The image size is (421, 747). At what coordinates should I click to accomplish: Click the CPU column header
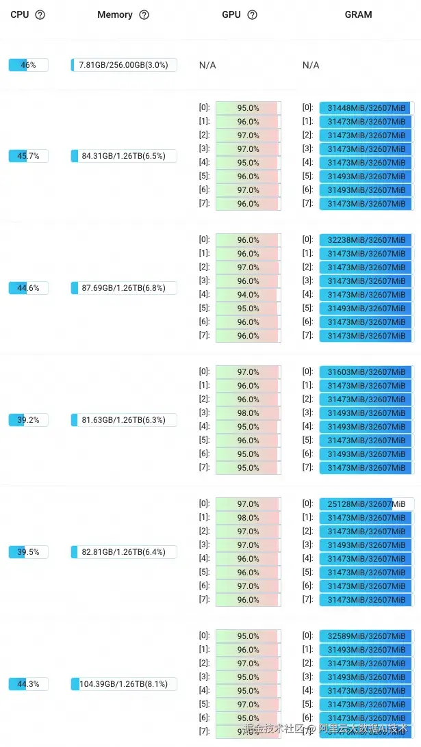20,14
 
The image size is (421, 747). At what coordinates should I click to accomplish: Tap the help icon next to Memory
144,14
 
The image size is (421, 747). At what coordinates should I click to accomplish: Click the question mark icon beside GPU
252,14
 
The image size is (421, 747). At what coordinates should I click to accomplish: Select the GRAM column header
358,14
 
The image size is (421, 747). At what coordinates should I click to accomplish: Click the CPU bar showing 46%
28,65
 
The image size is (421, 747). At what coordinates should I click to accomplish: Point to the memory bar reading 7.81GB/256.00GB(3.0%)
124,65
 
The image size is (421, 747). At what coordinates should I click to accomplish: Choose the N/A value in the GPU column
207,65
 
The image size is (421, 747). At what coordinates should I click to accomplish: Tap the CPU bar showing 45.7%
28,156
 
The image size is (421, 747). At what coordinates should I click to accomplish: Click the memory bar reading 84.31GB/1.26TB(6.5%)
124,156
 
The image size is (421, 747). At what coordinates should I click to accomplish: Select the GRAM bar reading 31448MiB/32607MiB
366,108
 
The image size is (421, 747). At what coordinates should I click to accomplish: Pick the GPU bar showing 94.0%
248,295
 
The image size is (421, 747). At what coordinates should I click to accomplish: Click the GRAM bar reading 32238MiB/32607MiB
366,240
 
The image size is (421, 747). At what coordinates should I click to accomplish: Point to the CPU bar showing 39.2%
28,420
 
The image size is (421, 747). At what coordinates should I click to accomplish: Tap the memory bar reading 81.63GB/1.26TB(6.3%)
124,420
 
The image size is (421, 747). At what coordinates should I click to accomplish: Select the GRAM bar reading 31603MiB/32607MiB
366,372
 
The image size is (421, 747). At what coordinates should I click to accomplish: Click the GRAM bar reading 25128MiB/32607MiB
366,504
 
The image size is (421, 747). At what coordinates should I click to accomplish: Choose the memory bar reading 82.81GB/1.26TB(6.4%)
124,552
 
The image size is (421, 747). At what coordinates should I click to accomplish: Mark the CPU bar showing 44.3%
28,684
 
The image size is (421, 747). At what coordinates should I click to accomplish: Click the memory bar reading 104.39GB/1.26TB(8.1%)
124,684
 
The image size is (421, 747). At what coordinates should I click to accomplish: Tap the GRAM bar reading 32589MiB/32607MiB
366,636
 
